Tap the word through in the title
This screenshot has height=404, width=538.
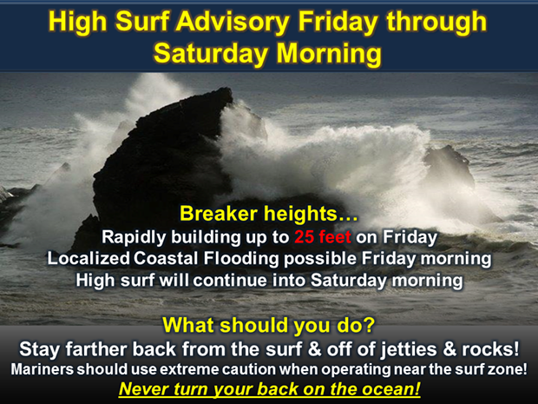click(436, 23)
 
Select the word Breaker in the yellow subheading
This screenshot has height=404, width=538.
click(218, 214)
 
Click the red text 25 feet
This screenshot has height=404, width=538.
click(323, 236)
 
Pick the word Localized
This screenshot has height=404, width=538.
click(89, 258)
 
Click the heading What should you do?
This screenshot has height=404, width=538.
click(269, 325)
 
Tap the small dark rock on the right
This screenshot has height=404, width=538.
click(449, 167)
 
